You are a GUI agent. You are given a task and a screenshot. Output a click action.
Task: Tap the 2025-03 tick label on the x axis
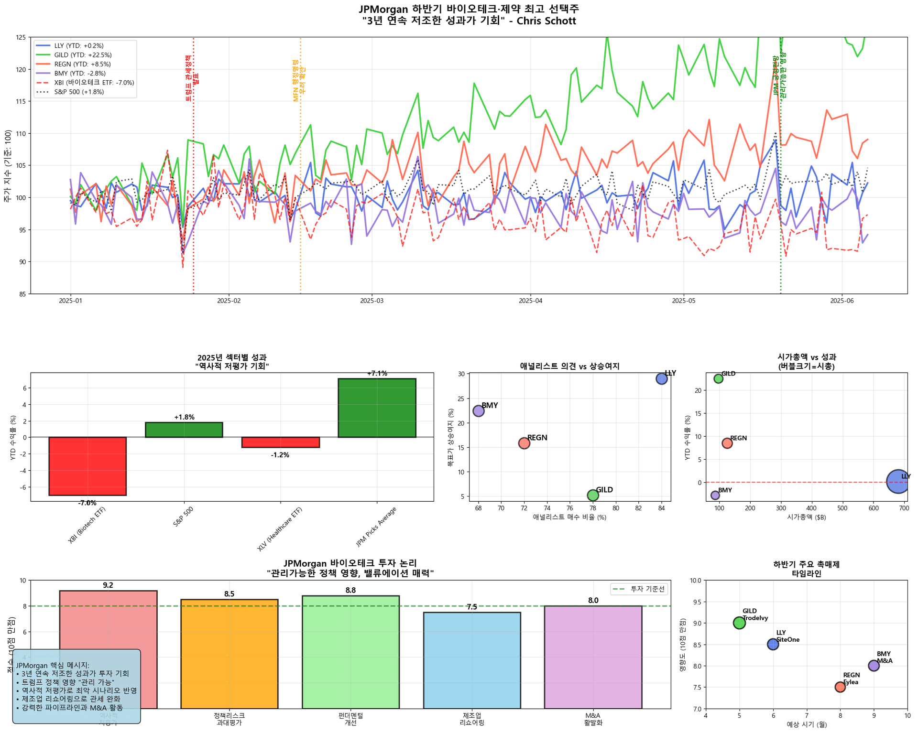click(x=372, y=301)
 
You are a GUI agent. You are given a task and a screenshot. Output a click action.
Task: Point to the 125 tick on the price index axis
click(x=21, y=37)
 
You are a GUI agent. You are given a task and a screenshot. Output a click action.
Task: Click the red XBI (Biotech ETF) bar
click(x=87, y=466)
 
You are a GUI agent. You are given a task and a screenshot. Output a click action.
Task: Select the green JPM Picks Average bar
click(x=377, y=408)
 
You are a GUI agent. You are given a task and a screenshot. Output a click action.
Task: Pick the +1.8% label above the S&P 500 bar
click(x=184, y=417)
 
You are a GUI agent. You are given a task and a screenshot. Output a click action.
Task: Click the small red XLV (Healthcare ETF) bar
click(x=280, y=442)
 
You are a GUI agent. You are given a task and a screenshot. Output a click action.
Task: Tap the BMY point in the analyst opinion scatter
click(x=478, y=411)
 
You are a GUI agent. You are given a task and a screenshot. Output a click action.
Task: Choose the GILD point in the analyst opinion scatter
click(x=593, y=495)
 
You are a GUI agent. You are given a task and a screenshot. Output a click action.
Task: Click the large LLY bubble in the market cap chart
click(x=898, y=482)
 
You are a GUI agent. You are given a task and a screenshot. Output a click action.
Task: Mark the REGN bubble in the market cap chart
click(x=727, y=443)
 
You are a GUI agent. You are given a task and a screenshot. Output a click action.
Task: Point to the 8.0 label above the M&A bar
click(x=593, y=600)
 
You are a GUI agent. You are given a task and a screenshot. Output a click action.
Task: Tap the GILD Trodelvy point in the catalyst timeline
click(x=739, y=623)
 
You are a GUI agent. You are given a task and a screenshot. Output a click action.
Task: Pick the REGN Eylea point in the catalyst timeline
click(x=840, y=687)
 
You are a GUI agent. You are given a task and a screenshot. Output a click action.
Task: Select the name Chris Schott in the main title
click(x=546, y=21)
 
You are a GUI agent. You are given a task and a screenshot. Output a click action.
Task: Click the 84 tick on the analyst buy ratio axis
click(x=661, y=508)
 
